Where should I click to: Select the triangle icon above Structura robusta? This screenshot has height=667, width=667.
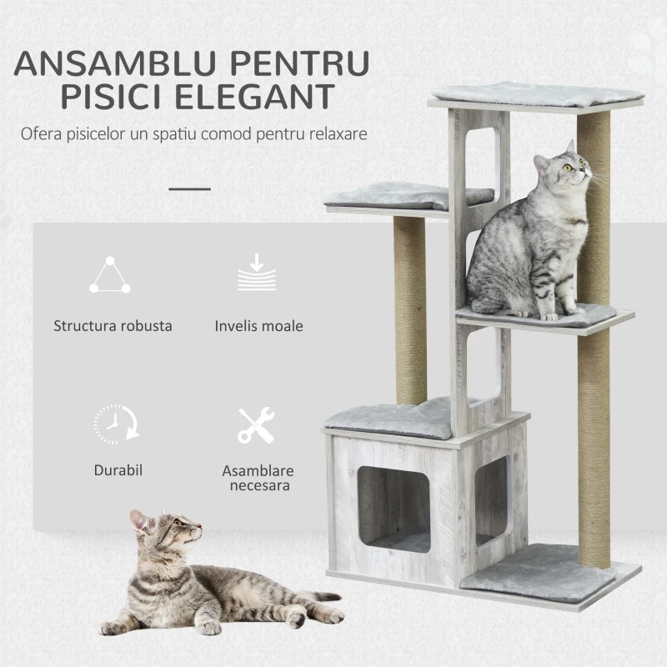coord(110,276)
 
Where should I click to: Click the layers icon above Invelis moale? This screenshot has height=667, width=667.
coord(257,274)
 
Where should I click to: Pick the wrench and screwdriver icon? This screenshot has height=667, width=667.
coord(256,425)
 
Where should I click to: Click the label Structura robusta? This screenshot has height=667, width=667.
coord(113,326)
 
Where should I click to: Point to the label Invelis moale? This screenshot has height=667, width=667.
coord(258,326)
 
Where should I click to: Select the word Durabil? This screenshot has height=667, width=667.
coord(118,470)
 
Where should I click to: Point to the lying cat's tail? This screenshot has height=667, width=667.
coord(321,597)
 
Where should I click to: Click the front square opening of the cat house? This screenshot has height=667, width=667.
coord(394,509)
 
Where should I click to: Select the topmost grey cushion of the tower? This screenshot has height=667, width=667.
coord(535,94)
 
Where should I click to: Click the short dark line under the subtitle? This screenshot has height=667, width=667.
coord(190,188)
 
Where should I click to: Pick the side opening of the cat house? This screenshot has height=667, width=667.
coord(490,499)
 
